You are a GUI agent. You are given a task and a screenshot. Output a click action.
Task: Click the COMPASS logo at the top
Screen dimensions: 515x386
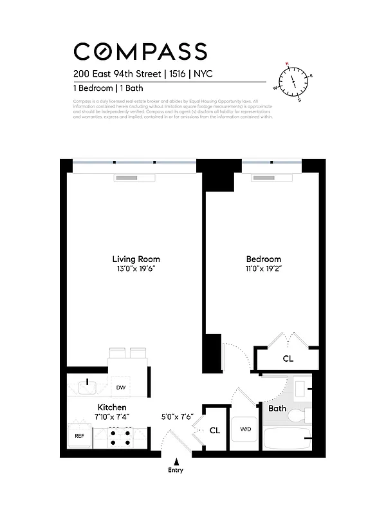(x=140, y=51)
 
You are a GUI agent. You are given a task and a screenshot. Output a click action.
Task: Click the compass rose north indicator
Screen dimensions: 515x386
(x=288, y=65)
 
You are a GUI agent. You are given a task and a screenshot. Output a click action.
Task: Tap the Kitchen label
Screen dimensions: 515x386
(x=112, y=407)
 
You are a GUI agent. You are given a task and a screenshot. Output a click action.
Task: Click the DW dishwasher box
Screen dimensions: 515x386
(x=120, y=388)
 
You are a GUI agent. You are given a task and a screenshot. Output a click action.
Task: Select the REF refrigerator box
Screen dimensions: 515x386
(x=80, y=436)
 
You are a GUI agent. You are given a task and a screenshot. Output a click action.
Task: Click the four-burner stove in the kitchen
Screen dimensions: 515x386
(x=120, y=438)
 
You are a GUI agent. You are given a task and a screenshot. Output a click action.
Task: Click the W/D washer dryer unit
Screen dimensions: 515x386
(x=245, y=429)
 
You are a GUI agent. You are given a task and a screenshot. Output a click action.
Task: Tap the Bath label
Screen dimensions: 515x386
(x=277, y=408)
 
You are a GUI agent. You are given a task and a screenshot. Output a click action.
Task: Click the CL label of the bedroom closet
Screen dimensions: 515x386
(x=288, y=359)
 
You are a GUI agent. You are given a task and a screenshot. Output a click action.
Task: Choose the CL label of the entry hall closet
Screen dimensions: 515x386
(x=215, y=430)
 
